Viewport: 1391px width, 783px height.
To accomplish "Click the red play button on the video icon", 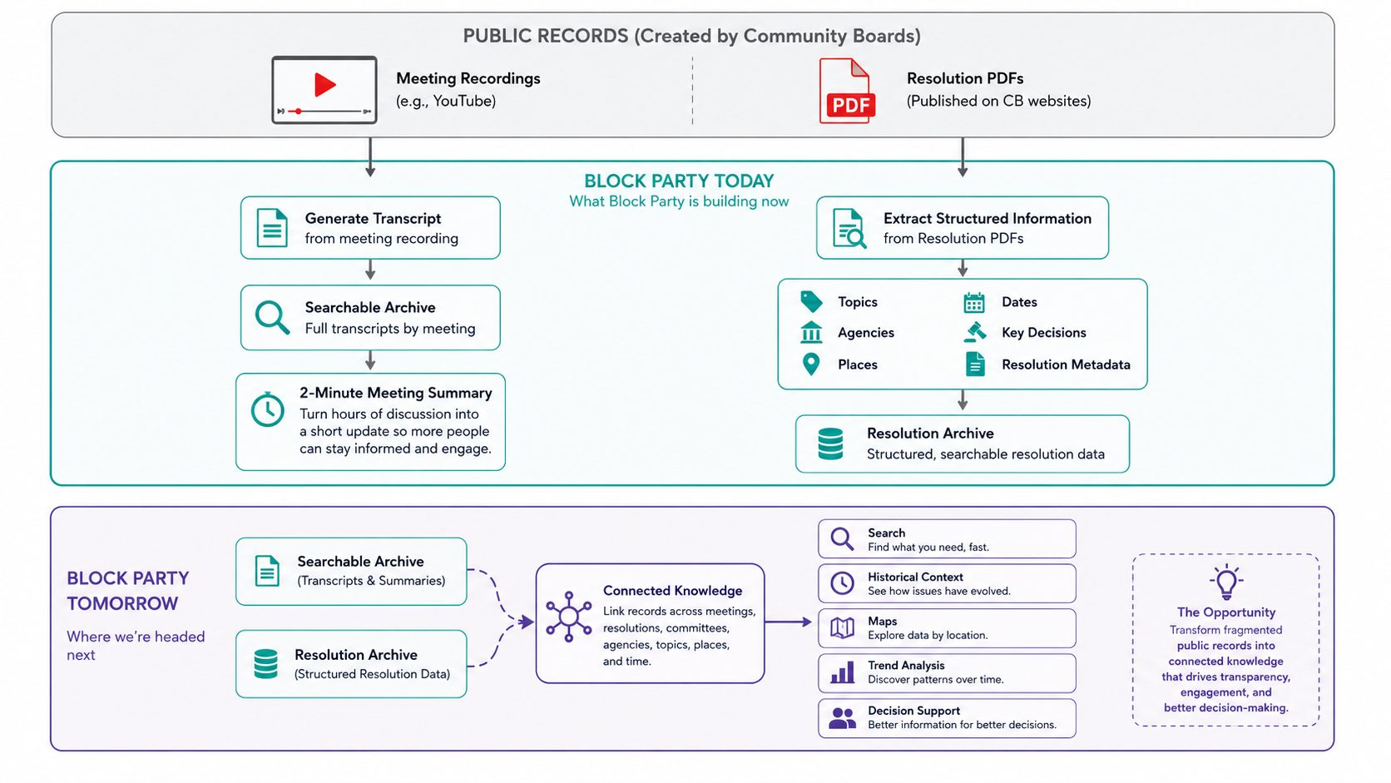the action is pos(324,84).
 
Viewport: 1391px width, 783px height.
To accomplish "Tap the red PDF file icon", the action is pos(847,91).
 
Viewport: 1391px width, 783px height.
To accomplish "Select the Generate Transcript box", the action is pos(370,228).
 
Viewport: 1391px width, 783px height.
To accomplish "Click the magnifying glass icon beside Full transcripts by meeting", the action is pos(272,317).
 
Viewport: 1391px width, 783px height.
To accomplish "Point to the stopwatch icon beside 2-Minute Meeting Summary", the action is pos(268,409).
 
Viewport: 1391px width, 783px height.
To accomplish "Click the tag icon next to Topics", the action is pos(811,302).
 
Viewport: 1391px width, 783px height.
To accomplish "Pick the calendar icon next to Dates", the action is pos(973,302).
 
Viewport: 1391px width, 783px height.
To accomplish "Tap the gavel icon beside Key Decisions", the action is pos(975,332).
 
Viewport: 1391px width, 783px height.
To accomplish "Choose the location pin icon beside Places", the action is pos(811,364).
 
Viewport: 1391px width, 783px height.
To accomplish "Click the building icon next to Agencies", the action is pos(811,332).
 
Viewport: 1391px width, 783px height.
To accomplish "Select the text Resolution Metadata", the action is pos(1066,364).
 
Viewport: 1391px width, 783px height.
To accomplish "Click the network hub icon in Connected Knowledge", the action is pos(569,617).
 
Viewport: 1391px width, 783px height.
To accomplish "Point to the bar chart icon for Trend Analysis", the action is pos(842,672).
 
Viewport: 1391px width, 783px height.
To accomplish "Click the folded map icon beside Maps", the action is pos(842,627).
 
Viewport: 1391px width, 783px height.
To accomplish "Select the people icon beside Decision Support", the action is pos(843,718).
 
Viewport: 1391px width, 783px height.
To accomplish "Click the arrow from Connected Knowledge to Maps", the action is pos(788,622).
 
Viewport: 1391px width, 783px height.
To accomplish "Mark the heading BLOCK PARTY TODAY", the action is pos(679,181).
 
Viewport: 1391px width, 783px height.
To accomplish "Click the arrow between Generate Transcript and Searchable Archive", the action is pos(370,270).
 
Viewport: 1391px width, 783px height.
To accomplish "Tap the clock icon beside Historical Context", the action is pos(842,583).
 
